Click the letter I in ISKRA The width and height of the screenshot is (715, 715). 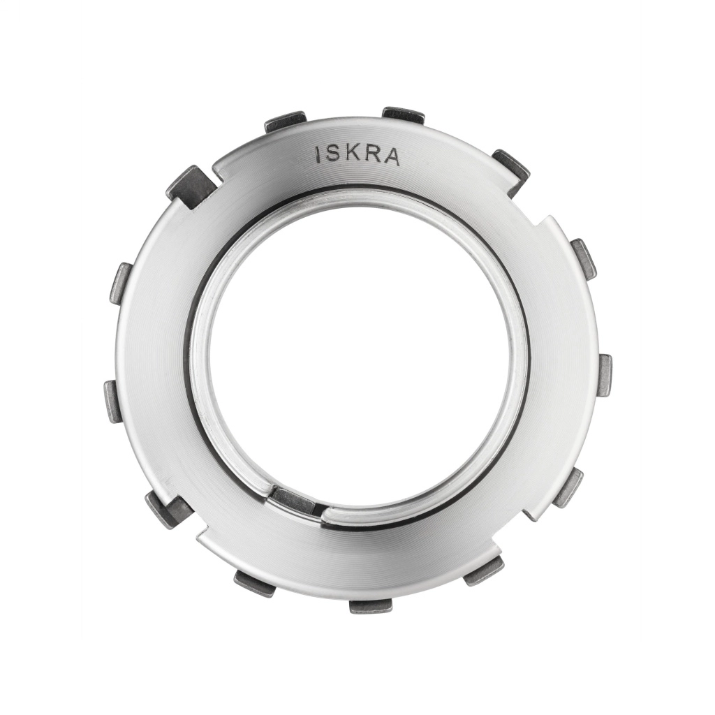[x=319, y=155]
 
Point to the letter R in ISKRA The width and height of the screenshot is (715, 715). [x=374, y=155]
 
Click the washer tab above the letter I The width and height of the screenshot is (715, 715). [x=286, y=122]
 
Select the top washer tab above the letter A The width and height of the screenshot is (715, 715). [x=404, y=115]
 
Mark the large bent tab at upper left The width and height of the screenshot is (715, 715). [x=191, y=186]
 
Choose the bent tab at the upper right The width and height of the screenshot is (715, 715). [x=511, y=170]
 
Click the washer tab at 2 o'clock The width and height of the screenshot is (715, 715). [x=584, y=258]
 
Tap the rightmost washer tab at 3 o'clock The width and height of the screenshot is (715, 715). [x=605, y=375]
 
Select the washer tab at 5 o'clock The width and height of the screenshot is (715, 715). [x=484, y=570]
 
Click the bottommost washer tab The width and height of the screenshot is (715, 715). [x=370, y=605]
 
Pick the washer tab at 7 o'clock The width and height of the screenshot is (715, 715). [x=255, y=583]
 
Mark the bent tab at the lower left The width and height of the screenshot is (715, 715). [x=168, y=509]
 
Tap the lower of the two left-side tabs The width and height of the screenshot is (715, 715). [x=113, y=401]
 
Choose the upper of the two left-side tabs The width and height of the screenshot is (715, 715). [x=121, y=283]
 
